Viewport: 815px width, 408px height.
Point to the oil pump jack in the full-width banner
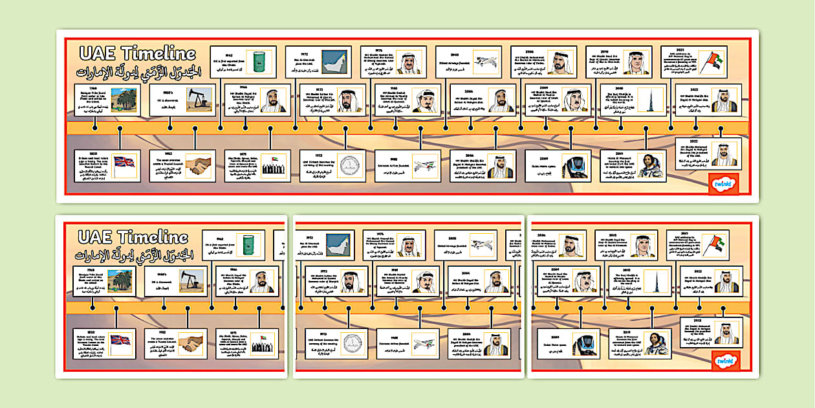pyautogui.click(x=198, y=99)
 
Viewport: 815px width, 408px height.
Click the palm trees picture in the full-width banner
pyautogui.click(x=123, y=100)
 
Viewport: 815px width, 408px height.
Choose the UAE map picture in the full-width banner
pyautogui.click(x=334, y=62)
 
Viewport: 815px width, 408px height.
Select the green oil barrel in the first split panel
pyautogui.click(x=248, y=245)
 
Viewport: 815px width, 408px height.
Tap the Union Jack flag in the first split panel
pyautogui.click(x=120, y=343)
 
